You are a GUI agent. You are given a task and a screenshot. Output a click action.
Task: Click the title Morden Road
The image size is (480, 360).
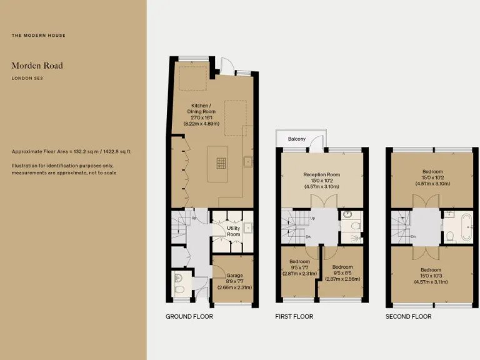click(37, 66)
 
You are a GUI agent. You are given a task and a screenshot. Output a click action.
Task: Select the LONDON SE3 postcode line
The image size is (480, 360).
click(27, 78)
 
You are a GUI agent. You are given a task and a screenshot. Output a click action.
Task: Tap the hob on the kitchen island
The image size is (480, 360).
click(222, 163)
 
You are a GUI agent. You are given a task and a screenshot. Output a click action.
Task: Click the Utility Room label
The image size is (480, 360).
click(234, 231)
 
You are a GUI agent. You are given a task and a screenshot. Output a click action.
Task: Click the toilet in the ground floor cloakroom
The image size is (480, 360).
click(179, 289)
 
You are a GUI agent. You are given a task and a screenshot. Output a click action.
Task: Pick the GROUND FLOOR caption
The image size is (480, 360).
click(189, 317)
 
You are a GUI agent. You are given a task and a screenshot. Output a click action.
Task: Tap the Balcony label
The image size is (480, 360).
click(297, 139)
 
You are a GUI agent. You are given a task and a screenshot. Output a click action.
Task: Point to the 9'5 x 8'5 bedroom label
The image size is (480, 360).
click(342, 273)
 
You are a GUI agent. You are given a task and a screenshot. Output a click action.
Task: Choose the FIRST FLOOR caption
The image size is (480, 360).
click(294, 317)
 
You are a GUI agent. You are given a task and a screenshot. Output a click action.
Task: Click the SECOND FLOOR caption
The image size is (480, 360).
click(408, 317)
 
